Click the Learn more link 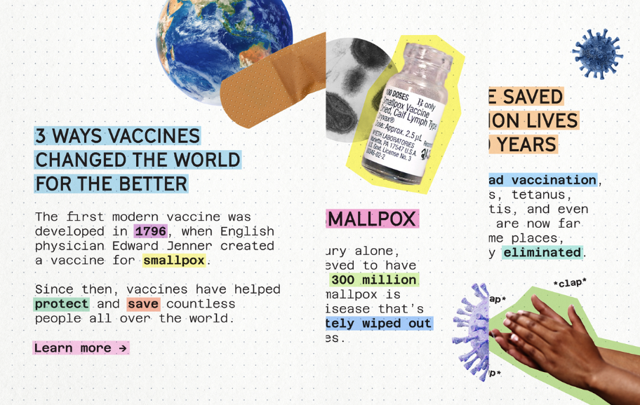pyautogui.click(x=81, y=348)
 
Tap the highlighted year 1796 pyautogui.click(x=151, y=231)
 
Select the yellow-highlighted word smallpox pyautogui.click(x=174, y=261)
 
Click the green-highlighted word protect pyautogui.click(x=62, y=304)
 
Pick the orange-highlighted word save pyautogui.click(x=144, y=304)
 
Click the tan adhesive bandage pyautogui.click(x=274, y=83)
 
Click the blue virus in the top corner pyautogui.click(x=597, y=53)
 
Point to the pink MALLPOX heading pyautogui.click(x=373, y=219)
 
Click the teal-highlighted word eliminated pyautogui.click(x=541, y=252)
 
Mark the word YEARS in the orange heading pyautogui.click(x=526, y=144)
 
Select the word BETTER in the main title pyautogui.click(x=153, y=184)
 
